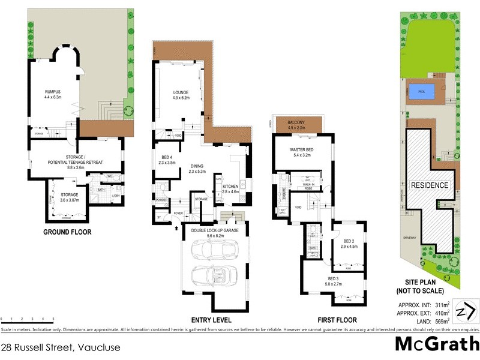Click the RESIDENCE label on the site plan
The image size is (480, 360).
(429, 185)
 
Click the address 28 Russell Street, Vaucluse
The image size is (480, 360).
(61, 347)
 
